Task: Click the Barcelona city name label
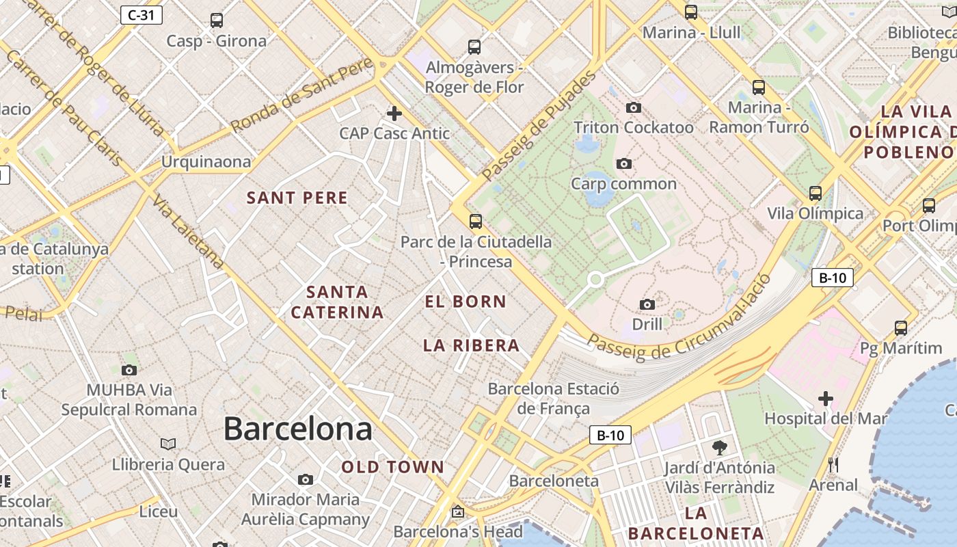[297, 429]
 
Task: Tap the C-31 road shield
[141, 15]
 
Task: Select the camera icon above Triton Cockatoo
[634, 108]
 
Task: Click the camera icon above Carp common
[623, 164]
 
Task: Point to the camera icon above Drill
[647, 304]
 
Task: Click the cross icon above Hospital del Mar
[826, 398]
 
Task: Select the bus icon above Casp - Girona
[217, 21]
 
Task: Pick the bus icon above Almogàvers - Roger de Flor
[474, 47]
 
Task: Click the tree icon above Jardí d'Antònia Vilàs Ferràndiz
[719, 448]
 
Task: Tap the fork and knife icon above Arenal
[833, 465]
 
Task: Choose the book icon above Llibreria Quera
[168, 444]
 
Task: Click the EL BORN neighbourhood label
[466, 302]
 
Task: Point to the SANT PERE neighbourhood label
[297, 198]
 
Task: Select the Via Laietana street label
[189, 231]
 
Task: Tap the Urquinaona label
[206, 162]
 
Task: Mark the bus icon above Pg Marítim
[901, 328]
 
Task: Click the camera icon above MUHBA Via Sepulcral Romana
[129, 371]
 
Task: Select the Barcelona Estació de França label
[554, 399]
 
